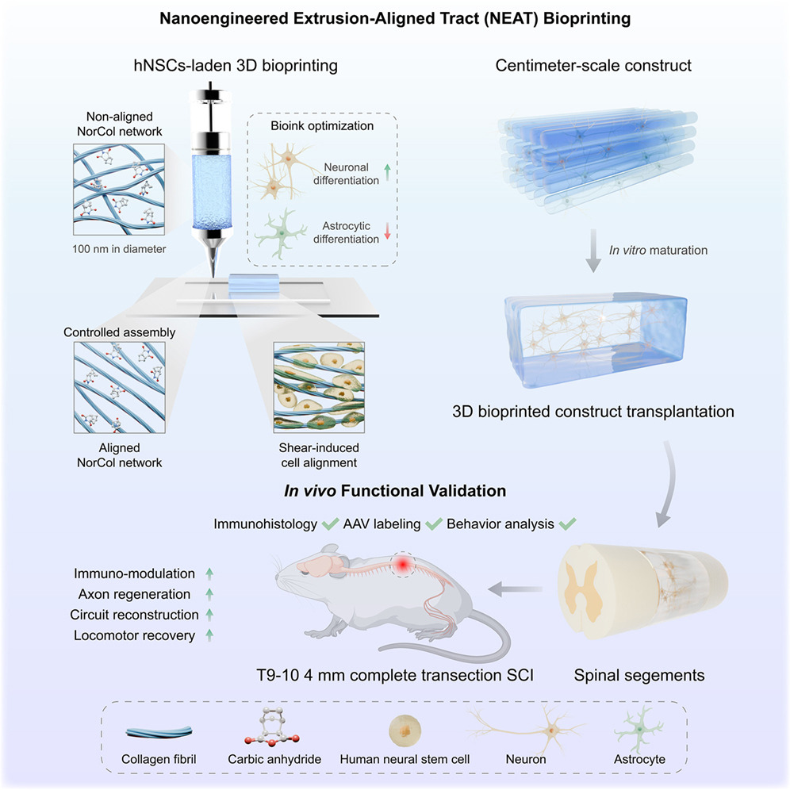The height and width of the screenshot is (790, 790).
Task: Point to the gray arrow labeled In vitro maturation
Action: click(x=591, y=251)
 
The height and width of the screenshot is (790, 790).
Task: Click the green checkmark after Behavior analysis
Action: click(x=567, y=523)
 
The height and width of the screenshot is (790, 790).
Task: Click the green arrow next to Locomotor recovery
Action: click(x=209, y=634)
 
